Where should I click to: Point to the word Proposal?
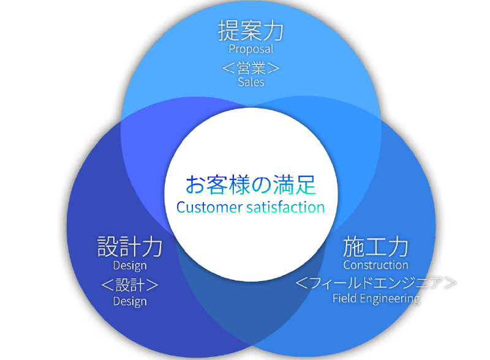pyautogui.click(x=251, y=49)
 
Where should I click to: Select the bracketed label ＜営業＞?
pyautogui.click(x=251, y=67)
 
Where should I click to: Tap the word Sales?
pyautogui.click(x=251, y=81)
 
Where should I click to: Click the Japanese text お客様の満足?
pyautogui.click(x=251, y=184)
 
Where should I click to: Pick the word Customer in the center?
pyautogui.click(x=209, y=208)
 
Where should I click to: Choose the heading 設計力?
pyautogui.click(x=130, y=247)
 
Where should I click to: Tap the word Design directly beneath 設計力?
pyautogui.click(x=130, y=266)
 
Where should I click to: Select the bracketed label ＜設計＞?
pyautogui.click(x=130, y=285)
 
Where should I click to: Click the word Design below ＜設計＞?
pyautogui.click(x=130, y=301)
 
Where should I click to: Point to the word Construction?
pyautogui.click(x=375, y=265)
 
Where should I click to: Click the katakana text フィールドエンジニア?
pyautogui.click(x=376, y=283)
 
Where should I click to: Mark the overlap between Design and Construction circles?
pyautogui.click(x=245, y=306)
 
